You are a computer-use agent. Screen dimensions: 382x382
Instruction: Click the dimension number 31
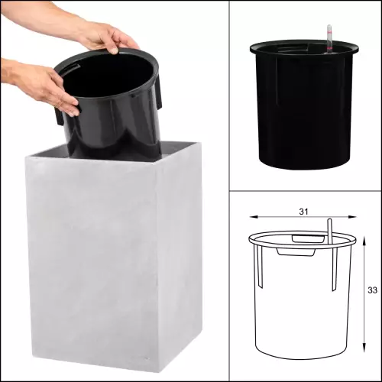303,212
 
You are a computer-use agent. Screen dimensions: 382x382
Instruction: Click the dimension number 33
372,290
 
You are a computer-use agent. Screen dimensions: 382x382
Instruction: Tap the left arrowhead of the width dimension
254,217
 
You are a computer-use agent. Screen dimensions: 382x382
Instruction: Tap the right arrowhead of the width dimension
352,217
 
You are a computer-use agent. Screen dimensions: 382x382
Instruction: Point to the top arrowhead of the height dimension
364,240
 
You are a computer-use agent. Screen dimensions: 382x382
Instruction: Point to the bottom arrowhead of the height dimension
364,348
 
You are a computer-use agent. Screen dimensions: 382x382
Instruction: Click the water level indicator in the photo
329,39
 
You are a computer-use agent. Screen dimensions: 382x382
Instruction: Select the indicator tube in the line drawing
330,230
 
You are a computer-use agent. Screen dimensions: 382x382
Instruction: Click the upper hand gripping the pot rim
109,38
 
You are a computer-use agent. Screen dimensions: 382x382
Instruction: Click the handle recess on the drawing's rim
309,239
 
